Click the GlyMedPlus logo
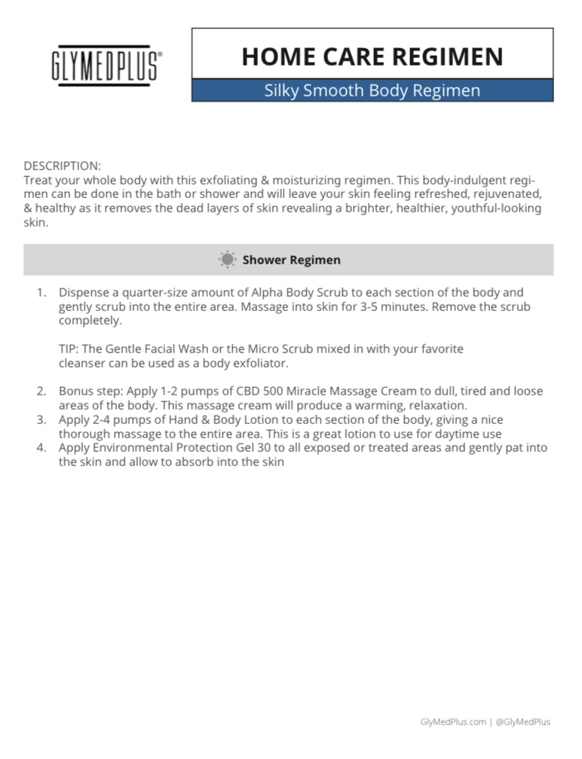tap(106, 66)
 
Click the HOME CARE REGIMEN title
tap(372, 56)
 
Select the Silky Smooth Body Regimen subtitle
tap(372, 91)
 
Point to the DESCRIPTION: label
tap(62, 165)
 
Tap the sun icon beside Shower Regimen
tap(227, 260)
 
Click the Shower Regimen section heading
tap(291, 260)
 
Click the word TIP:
tap(69, 349)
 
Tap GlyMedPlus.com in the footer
tap(453, 722)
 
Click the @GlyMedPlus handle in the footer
tap(523, 722)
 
